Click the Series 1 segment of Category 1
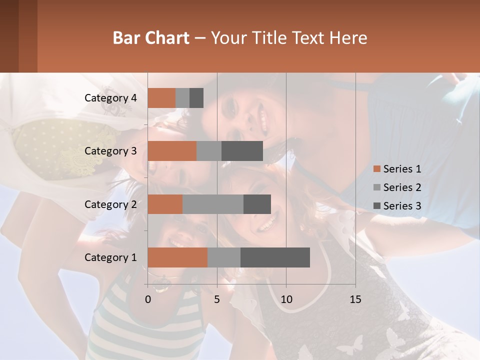point(177,257)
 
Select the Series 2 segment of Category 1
point(224,257)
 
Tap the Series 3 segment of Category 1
point(275,257)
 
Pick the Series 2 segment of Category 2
point(213,204)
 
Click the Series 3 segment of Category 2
point(257,204)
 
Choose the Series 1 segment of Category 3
point(172,151)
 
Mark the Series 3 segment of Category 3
point(242,151)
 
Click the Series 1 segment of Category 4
point(161,98)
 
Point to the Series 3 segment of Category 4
point(196,98)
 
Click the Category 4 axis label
point(110,98)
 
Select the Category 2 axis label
point(110,204)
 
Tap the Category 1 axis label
point(110,257)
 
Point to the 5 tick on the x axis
point(217,299)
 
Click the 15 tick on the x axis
point(355,299)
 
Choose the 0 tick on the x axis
point(148,299)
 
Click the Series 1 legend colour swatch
point(376,169)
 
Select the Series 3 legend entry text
point(402,206)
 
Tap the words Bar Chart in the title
point(151,37)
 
